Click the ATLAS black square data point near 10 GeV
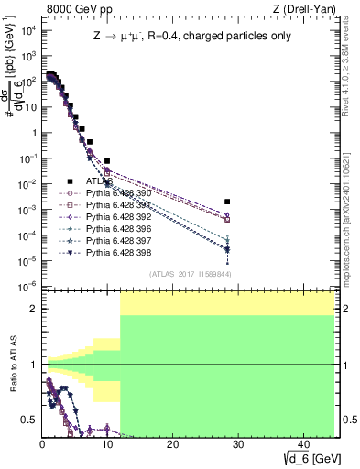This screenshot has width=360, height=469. tap(107, 161)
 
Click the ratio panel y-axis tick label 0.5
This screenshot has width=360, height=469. tap(29, 420)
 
